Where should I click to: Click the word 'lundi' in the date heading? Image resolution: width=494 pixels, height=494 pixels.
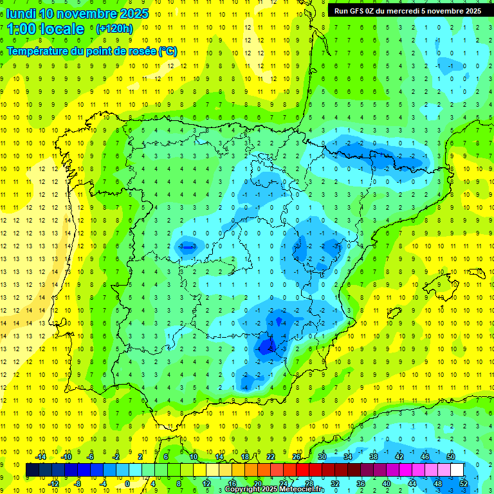click(20, 13)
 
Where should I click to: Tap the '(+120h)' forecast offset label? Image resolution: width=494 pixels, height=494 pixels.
click(114, 28)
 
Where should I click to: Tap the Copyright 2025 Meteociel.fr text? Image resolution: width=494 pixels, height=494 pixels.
click(275, 489)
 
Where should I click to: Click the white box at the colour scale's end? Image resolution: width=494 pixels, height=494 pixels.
click(457, 470)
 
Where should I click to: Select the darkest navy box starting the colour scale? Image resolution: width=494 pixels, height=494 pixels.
click(32, 470)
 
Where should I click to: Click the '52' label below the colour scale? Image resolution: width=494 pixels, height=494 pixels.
click(464, 484)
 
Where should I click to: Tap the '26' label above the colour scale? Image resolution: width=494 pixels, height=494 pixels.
click(297, 457)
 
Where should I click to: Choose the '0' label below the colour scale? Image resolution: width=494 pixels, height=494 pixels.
click(127, 484)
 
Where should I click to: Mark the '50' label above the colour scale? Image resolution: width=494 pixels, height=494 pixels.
click(450, 457)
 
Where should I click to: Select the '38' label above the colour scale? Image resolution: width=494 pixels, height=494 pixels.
click(373, 457)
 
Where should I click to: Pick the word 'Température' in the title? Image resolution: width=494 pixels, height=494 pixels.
click(38, 51)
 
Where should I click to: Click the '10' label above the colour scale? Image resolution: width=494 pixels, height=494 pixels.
click(193, 457)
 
